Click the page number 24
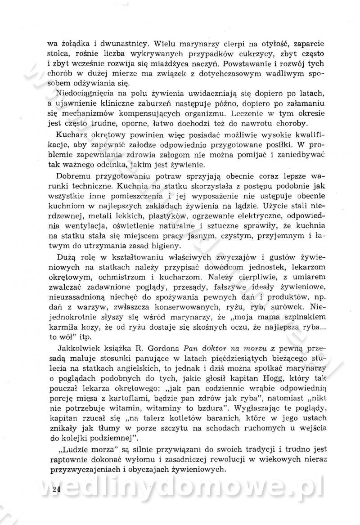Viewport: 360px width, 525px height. pos(56,490)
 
